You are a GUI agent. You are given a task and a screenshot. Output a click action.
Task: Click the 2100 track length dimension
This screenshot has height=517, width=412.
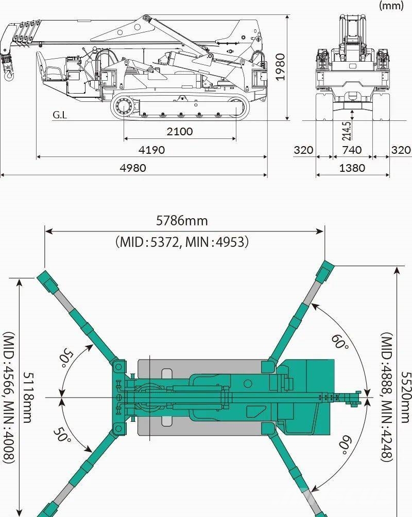(x=180, y=132)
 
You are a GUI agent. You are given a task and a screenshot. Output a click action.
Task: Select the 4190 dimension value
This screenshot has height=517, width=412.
(x=151, y=150)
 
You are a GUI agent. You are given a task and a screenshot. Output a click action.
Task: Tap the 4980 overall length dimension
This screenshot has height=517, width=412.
(x=133, y=168)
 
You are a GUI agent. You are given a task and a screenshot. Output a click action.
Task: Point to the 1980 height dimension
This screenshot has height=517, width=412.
(x=280, y=67)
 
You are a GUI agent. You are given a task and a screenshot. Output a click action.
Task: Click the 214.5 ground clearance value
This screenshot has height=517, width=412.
(x=347, y=131)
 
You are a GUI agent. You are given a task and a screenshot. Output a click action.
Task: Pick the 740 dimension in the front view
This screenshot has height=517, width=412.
(x=352, y=150)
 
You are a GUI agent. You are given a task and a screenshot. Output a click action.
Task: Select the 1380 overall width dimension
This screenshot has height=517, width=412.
(x=352, y=168)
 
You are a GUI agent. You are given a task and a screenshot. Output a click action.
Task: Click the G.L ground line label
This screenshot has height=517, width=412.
(x=60, y=115)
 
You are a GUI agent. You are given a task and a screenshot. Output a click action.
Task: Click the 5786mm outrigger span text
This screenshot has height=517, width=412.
(x=182, y=221)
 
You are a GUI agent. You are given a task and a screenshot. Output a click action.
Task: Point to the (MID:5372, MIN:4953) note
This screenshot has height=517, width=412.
(x=182, y=242)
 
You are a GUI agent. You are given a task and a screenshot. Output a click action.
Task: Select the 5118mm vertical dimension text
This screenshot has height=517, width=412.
(x=28, y=397)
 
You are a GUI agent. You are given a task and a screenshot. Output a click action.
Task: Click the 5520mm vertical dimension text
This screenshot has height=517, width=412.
(x=406, y=397)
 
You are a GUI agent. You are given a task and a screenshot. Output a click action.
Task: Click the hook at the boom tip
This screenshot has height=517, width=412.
(x=9, y=75)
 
